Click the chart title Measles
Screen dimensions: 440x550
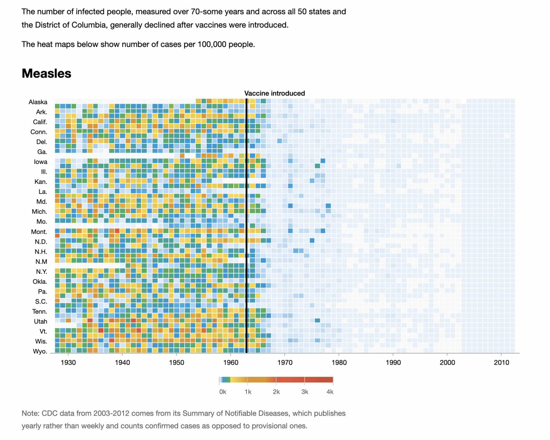(x=46, y=74)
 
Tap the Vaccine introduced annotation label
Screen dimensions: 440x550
(x=275, y=94)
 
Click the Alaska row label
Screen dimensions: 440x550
(x=38, y=102)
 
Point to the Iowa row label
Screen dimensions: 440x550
(x=40, y=162)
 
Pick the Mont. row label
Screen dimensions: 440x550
(x=39, y=232)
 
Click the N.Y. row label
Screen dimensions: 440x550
(x=41, y=272)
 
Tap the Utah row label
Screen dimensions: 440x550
(x=40, y=322)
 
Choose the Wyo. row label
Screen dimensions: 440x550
(x=40, y=352)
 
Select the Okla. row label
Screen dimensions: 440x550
(x=40, y=282)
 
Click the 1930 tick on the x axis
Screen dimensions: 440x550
(x=68, y=363)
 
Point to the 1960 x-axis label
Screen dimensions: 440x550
(x=231, y=363)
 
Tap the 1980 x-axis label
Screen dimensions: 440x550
(x=339, y=363)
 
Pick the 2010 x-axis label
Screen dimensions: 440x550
(x=501, y=363)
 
